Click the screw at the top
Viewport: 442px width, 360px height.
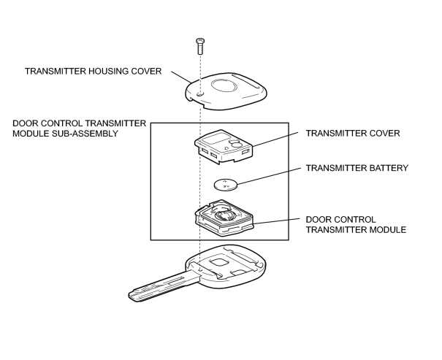(200, 46)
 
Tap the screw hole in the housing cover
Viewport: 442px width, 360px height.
(200, 93)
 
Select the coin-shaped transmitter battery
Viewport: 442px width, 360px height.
(226, 185)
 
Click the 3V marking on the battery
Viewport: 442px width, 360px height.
(226, 186)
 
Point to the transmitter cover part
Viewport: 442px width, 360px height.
(224, 147)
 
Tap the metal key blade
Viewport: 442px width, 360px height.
(164, 287)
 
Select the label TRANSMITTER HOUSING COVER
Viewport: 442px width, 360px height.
(93, 72)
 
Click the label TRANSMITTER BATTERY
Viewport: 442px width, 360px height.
(357, 168)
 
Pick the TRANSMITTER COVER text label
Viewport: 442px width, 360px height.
(353, 133)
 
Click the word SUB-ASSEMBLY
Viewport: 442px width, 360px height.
(85, 133)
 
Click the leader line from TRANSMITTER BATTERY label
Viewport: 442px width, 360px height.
(269, 176)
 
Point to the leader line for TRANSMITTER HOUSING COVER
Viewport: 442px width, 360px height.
(182, 77)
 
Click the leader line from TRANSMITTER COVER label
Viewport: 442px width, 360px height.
(275, 139)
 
